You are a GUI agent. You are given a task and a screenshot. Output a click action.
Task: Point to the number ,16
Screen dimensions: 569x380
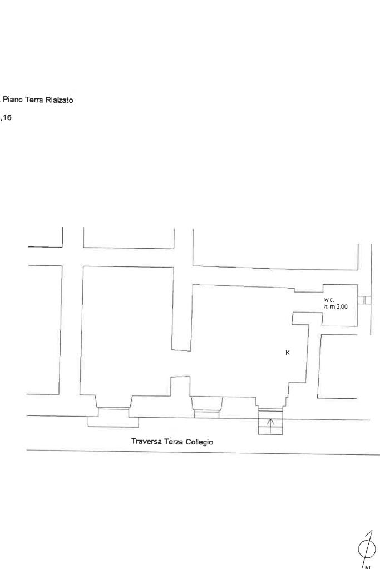click(6, 117)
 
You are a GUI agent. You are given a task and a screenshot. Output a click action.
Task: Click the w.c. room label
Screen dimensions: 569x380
click(329, 300)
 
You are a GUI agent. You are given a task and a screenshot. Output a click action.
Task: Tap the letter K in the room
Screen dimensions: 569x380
click(288, 353)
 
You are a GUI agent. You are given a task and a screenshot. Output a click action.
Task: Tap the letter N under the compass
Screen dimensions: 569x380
click(368, 566)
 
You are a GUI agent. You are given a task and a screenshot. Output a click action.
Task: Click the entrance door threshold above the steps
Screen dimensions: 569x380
click(270, 410)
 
